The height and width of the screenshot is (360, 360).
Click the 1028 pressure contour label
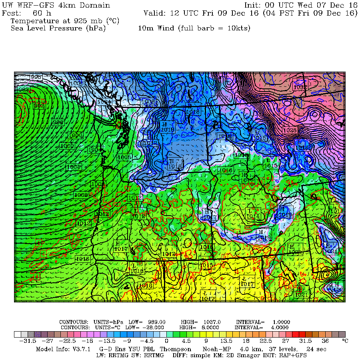290,130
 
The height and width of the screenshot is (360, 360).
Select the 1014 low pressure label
253,216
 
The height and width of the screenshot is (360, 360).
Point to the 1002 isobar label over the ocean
73,167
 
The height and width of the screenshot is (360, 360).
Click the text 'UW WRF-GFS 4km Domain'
56,6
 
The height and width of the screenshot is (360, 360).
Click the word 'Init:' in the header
253,6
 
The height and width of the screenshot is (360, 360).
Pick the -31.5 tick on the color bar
28,341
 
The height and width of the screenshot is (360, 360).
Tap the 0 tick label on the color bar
166,341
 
